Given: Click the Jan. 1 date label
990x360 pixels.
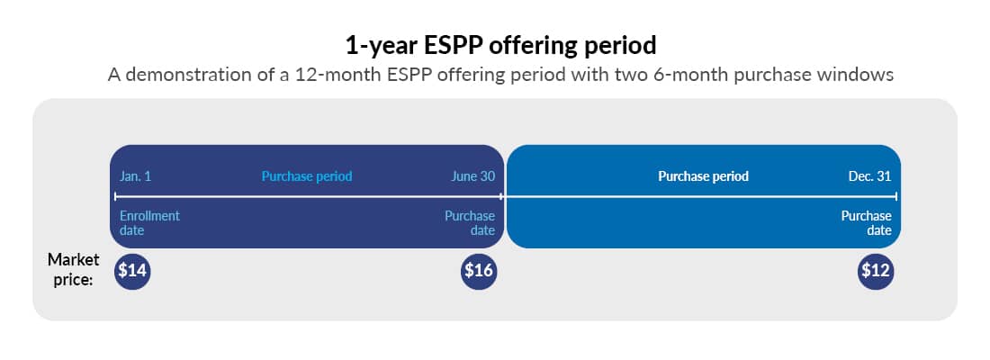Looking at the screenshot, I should [136, 176].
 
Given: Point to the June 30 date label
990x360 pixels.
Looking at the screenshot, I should [472, 176].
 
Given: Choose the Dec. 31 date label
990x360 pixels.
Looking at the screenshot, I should [869, 176].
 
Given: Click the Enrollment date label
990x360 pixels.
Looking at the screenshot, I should [149, 222].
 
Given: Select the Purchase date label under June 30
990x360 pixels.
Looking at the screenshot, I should [470, 222].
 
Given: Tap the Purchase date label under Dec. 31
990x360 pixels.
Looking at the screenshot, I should [866, 222].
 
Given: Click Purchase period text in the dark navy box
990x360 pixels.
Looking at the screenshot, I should [307, 176].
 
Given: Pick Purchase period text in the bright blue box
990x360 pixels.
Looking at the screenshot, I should [703, 176].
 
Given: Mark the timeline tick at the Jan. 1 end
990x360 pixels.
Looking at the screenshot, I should [115, 195].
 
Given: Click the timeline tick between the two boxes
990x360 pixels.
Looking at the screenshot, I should [503, 195].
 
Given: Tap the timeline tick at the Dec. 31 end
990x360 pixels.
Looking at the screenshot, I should [895, 195].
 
